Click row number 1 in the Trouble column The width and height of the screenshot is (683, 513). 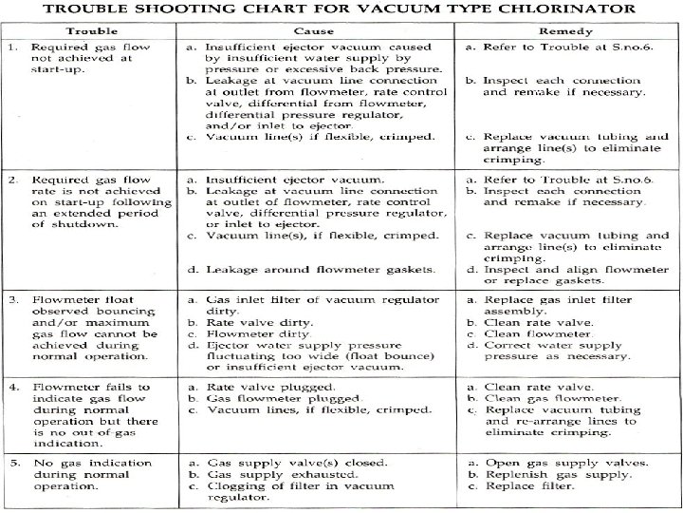[x=11, y=47]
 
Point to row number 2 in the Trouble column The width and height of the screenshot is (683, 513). [x=11, y=180]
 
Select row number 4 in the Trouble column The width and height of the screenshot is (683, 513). [x=11, y=387]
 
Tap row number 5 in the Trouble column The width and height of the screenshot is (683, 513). [x=11, y=462]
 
